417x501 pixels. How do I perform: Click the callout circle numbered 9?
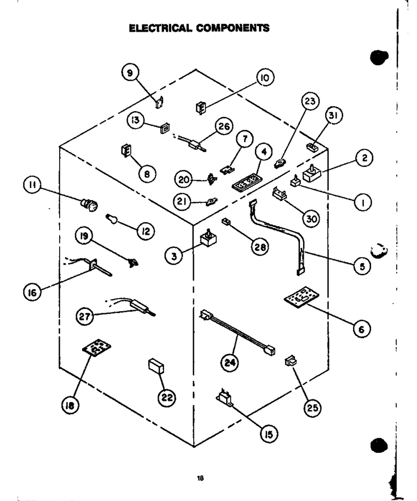coord(130,73)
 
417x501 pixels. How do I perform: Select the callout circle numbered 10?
coord(265,78)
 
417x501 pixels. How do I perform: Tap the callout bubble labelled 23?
coord(310,101)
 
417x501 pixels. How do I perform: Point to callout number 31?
coord(333,115)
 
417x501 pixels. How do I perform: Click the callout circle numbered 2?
coord(364,158)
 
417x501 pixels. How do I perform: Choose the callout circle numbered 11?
coord(32,185)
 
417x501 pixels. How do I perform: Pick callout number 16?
coord(32,292)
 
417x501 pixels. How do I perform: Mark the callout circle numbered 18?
coord(70,405)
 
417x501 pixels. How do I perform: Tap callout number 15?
coord(269,434)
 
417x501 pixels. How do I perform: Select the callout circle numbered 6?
coord(362,329)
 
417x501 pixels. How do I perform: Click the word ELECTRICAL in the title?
coord(161,28)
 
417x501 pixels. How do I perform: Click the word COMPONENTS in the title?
coord(233,28)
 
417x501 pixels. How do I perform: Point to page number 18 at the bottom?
coord(200,478)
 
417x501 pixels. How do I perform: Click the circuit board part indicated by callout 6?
coord(297,297)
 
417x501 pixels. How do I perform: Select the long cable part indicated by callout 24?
coord(237,333)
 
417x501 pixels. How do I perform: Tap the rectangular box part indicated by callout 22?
coord(156,366)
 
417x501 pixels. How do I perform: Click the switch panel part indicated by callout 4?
coord(245,182)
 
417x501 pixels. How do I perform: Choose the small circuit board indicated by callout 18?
coord(96,347)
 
